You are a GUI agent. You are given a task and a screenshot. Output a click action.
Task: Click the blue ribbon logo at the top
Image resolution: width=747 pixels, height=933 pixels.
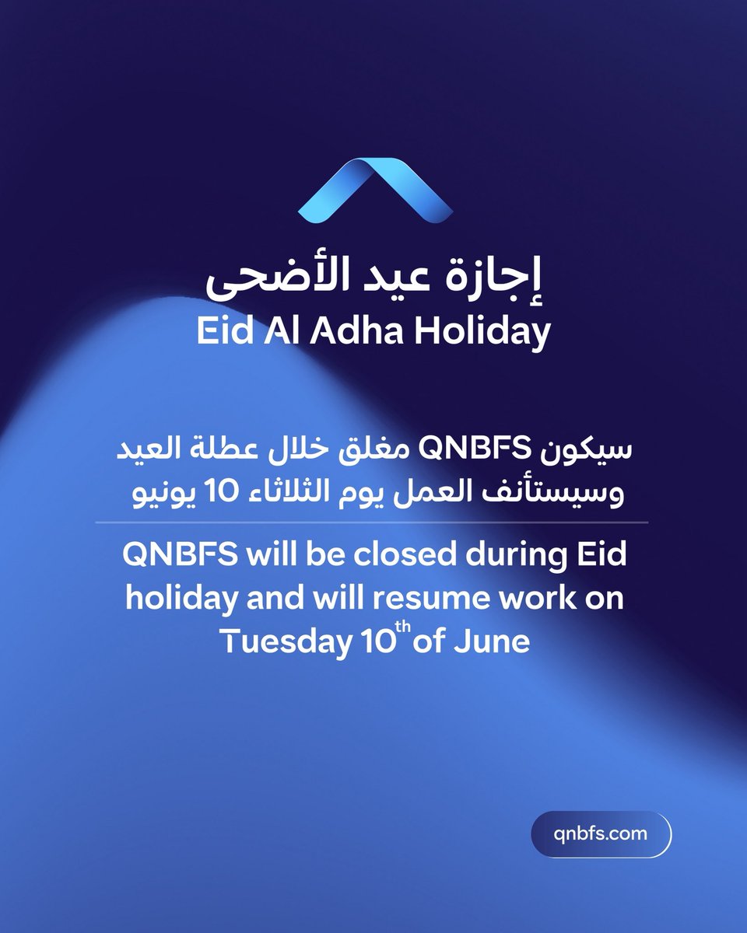[373, 191]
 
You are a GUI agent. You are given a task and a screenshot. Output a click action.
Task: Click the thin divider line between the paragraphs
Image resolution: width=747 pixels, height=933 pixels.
[373, 522]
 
